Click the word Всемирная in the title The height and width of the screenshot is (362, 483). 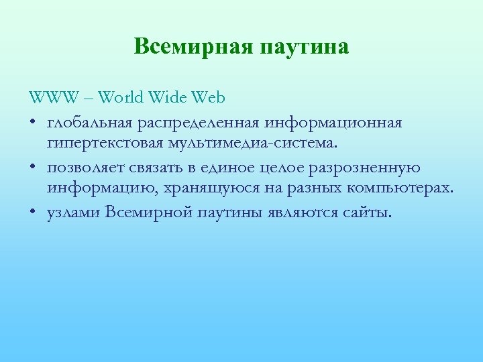coord(192,46)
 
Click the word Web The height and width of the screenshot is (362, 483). coord(209,98)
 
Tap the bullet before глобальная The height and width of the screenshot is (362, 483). coord(34,124)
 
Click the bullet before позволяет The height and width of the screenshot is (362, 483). coord(34,168)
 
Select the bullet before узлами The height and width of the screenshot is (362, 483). coord(34,213)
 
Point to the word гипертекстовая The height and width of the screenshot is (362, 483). coord(101,143)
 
